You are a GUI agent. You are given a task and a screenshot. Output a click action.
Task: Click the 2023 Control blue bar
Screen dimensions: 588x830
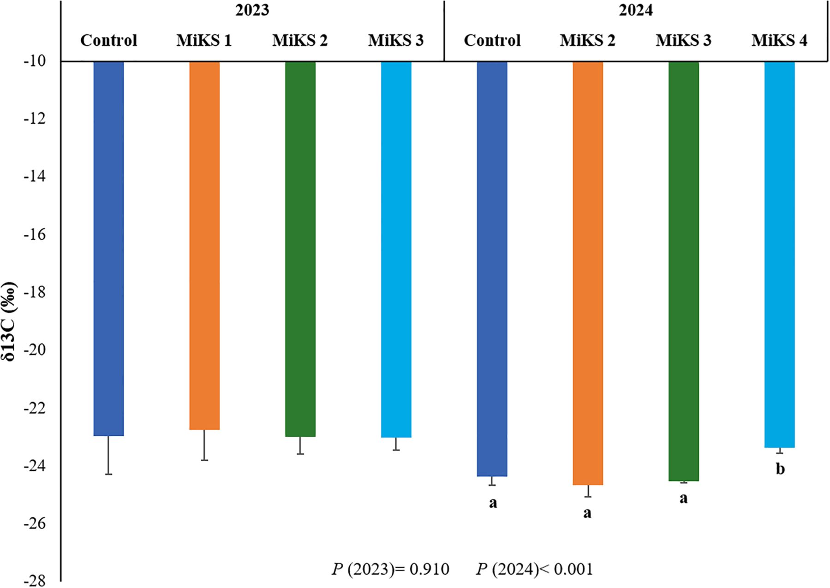tap(108, 249)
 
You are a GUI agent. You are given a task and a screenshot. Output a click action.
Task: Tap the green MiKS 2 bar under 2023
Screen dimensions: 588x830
tap(300, 249)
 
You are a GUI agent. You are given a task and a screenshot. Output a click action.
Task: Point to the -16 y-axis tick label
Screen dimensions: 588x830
tap(35, 235)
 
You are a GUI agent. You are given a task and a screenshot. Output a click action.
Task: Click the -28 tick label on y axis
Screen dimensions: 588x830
tap(35, 582)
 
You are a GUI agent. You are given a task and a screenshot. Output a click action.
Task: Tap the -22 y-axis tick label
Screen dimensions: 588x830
tap(35, 408)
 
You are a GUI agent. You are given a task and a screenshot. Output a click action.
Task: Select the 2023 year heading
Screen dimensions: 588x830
tap(252, 11)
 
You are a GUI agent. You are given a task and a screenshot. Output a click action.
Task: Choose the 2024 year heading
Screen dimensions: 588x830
tap(635, 11)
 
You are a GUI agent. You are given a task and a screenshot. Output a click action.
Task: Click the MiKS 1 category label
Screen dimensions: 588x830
tap(204, 41)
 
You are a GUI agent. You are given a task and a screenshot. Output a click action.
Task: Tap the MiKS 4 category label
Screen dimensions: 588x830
tap(779, 41)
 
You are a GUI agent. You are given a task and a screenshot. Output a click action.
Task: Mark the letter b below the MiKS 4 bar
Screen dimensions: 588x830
tap(780, 469)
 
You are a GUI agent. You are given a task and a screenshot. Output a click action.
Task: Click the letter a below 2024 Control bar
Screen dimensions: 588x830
tap(493, 503)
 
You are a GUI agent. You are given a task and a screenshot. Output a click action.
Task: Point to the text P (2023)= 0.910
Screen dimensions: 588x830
tap(390, 570)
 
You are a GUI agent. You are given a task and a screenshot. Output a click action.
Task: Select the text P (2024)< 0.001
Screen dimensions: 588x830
tap(534, 570)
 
